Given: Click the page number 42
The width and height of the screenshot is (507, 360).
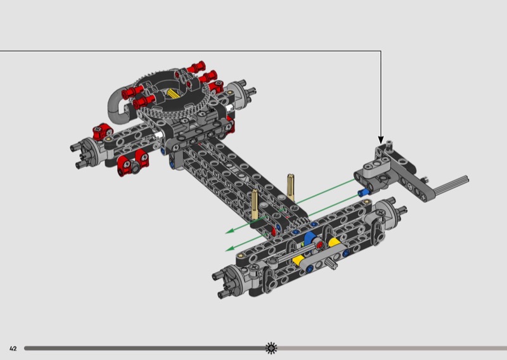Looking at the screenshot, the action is coord(13,349).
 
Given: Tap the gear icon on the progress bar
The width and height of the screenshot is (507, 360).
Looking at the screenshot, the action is coord(271,348).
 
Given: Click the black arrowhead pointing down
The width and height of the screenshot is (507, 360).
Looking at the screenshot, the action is coord(381,140).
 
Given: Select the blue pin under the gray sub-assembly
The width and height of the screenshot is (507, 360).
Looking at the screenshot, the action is coord(364,193).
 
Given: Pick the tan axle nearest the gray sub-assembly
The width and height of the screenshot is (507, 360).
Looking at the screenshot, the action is coord(291,187).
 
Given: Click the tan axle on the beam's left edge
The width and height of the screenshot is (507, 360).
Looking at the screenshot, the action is coord(255,205).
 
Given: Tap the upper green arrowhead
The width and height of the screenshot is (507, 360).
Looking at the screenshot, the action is coord(229,231).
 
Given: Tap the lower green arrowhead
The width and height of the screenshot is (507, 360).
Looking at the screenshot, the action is coord(229,248).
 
